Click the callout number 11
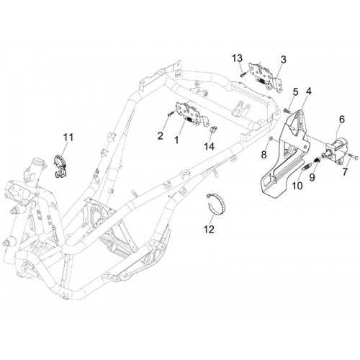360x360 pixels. click(68, 138)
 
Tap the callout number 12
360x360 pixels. click(209, 230)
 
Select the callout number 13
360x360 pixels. click(237, 58)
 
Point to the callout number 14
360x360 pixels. click(209, 146)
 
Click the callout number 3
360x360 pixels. click(284, 60)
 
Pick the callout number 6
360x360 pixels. click(342, 120)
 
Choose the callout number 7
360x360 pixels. click(345, 172)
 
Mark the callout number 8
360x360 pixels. click(264, 155)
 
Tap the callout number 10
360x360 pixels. click(297, 186)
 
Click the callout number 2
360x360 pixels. click(161, 136)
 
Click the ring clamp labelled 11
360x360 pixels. click(60, 166)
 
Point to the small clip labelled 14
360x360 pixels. click(212, 129)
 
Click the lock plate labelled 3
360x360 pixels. click(266, 76)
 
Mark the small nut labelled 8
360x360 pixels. click(271, 138)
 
